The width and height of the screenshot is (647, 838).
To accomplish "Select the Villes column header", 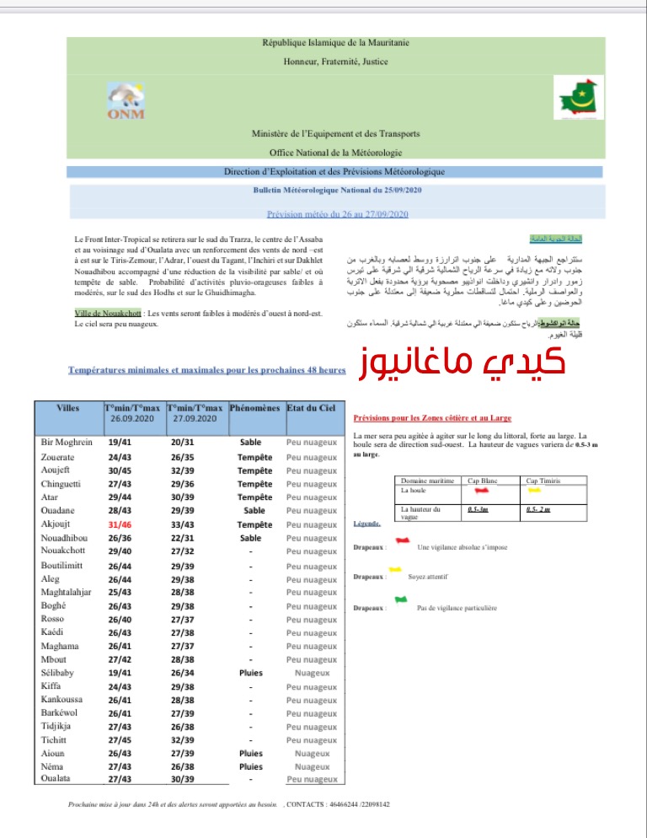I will pos(68,408).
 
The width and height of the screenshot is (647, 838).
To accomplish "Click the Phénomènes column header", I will pos(254,408).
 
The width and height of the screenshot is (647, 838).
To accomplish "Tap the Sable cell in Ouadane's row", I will pos(254,511).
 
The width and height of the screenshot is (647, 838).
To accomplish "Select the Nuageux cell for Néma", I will pos(312,767).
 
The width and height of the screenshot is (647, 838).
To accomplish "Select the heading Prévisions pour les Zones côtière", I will pos(431,417).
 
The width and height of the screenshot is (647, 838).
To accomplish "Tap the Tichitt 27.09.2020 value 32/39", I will pos(184,740).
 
